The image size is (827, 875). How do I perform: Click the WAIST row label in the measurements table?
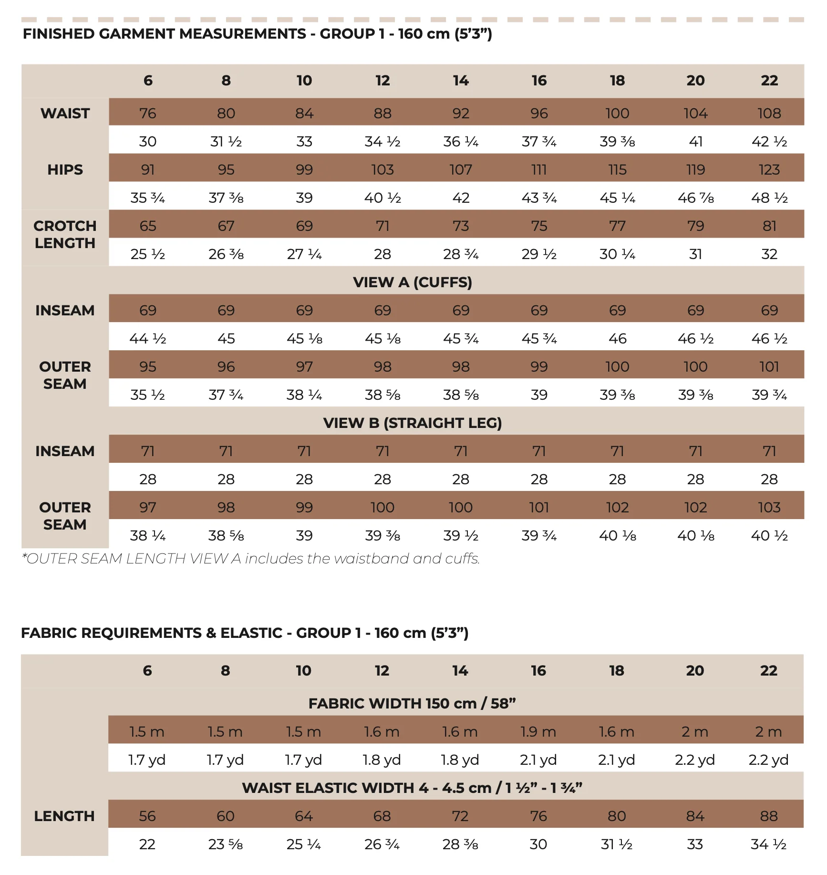click(65, 113)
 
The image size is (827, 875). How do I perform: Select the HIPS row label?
click(65, 169)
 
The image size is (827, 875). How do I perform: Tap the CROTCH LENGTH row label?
click(65, 234)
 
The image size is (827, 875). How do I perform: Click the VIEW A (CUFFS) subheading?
click(413, 282)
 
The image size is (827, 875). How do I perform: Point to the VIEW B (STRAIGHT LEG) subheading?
click(413, 423)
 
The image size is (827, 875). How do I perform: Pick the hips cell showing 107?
click(461, 169)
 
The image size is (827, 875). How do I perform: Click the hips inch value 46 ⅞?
click(695, 198)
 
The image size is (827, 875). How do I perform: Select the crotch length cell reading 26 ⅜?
click(226, 254)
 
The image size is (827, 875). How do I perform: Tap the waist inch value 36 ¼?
click(461, 141)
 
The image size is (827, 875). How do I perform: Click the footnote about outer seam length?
click(251, 558)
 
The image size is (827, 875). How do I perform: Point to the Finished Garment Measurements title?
click(258, 34)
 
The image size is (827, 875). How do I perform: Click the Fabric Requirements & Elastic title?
click(245, 633)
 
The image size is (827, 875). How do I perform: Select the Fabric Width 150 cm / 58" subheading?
click(413, 703)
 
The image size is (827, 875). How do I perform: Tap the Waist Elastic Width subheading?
click(413, 788)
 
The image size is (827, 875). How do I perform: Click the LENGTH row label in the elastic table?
click(64, 816)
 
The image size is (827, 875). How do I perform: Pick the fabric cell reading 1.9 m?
click(538, 731)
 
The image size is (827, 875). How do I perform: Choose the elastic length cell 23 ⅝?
click(226, 844)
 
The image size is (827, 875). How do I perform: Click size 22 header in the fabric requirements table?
click(768, 670)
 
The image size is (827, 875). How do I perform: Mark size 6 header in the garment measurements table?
click(148, 80)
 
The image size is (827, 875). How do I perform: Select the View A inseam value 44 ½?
click(148, 338)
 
